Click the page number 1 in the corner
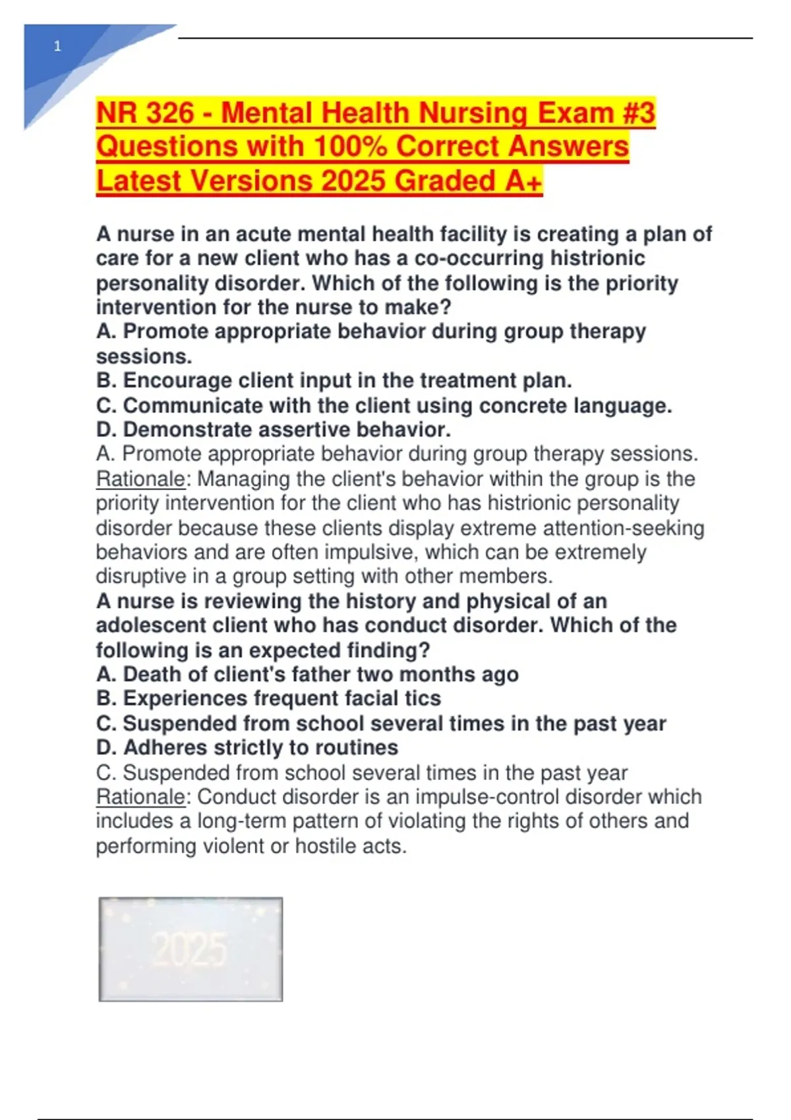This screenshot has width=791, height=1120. click(57, 47)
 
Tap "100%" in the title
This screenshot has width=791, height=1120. click(351, 146)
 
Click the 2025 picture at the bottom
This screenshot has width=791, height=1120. click(190, 949)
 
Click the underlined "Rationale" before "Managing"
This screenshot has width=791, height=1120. click(140, 479)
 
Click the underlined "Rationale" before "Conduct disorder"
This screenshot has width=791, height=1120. click(140, 797)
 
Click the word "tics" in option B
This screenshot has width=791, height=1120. click(421, 699)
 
